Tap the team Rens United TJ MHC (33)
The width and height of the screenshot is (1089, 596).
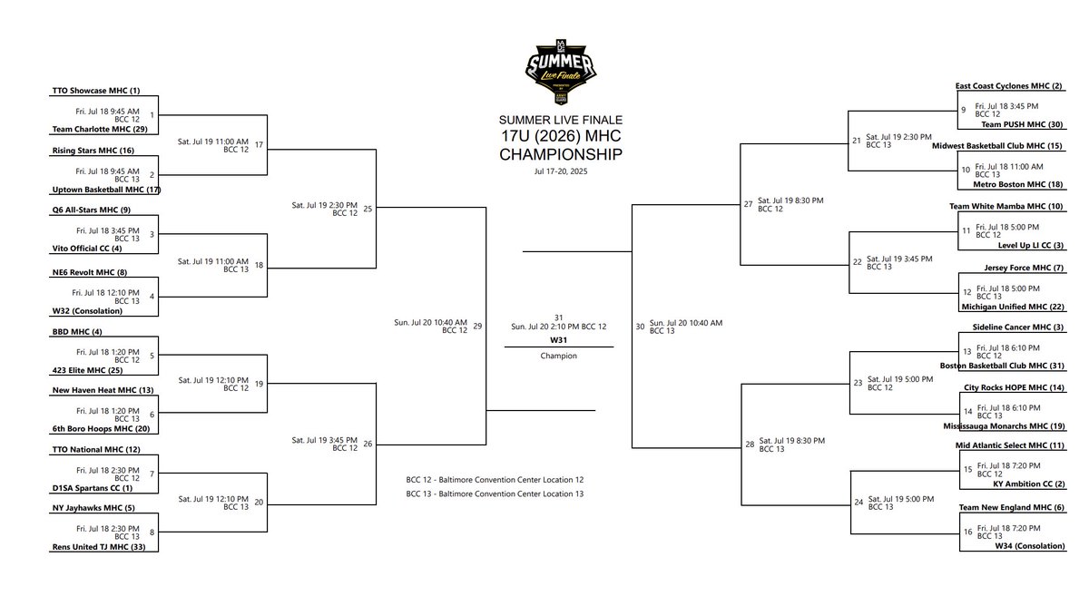[93, 547]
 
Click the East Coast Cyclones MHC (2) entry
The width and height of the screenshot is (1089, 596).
[1008, 86]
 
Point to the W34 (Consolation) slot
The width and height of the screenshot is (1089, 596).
[1023, 546]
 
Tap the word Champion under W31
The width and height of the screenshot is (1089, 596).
[559, 356]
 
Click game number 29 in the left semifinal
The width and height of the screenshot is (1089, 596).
[477, 326]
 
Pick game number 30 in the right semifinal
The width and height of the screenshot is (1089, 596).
[640, 326]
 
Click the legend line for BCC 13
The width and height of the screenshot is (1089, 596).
[495, 493]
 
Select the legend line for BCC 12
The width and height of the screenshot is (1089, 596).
[495, 479]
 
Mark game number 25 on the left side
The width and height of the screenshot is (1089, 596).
[368, 209]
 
